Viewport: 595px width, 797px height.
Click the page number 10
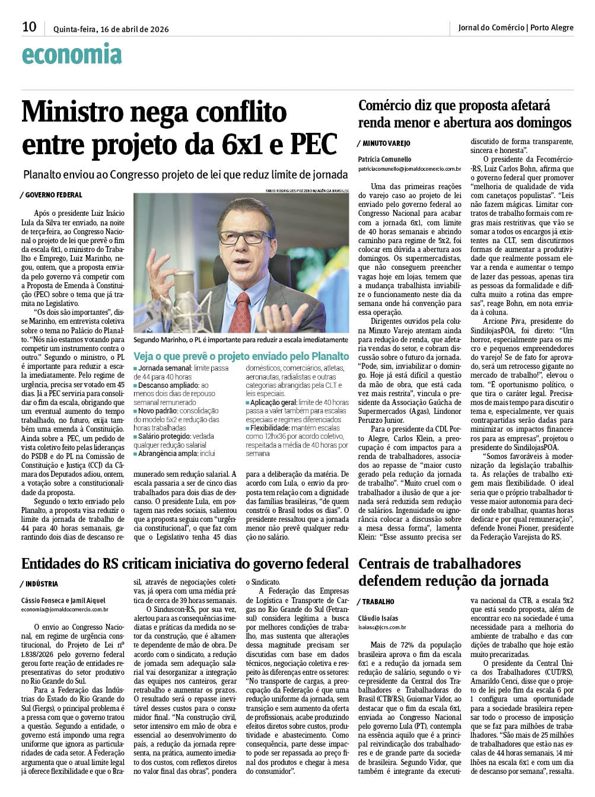pos(29,27)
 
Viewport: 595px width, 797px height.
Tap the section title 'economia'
pos(72,55)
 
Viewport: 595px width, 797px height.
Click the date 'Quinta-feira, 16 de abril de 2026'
pos(111,29)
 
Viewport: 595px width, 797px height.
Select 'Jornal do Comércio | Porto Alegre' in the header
pos(516,27)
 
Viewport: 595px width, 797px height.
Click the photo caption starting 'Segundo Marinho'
pos(241,340)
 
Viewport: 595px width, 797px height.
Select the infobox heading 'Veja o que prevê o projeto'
pos(241,356)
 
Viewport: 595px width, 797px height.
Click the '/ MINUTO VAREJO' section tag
pos(384,144)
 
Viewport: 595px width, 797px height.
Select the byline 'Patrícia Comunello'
pos(384,160)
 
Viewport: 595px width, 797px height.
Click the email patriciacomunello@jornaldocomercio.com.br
pos(409,169)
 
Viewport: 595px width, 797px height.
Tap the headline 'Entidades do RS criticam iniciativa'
pos(184,564)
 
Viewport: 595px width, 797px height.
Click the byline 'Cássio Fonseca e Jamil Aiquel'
pos(63,600)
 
